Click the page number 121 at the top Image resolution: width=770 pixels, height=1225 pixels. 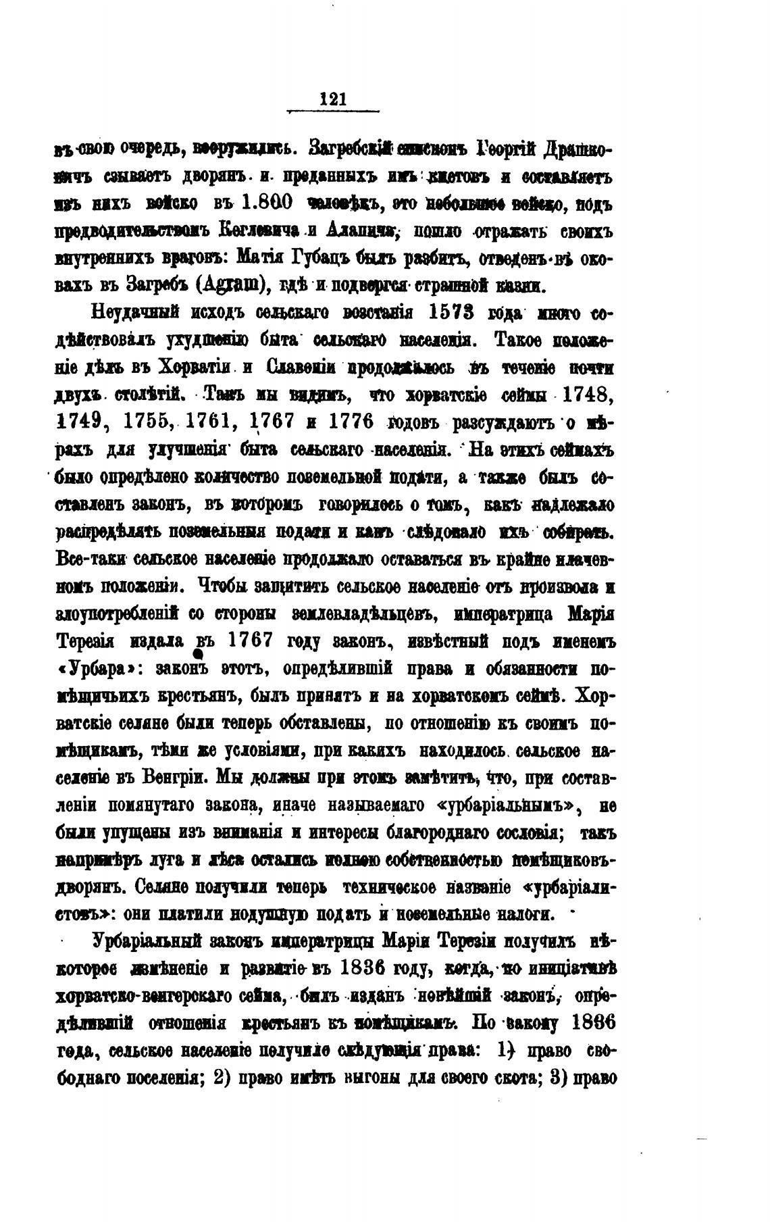[x=333, y=99]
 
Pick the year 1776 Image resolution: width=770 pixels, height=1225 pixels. [x=350, y=421]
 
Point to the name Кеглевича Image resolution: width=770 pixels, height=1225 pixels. [x=259, y=230]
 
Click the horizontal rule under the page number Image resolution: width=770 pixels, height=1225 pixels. [x=333, y=111]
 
